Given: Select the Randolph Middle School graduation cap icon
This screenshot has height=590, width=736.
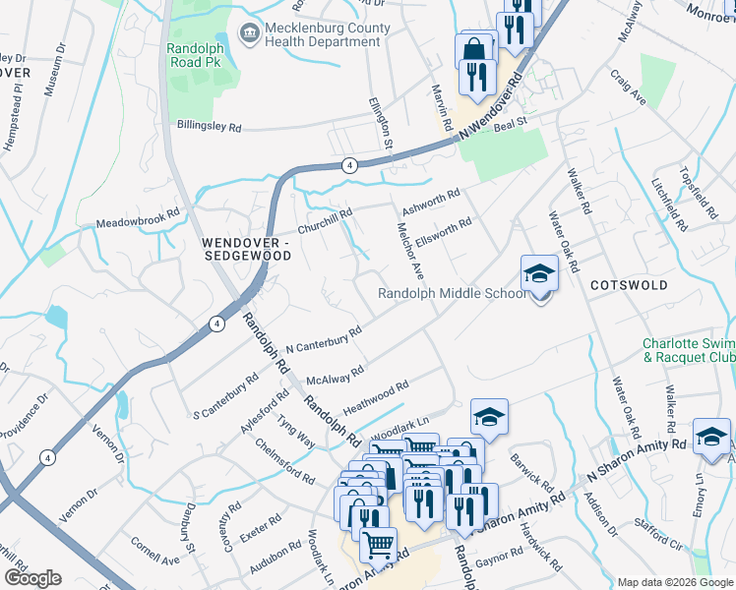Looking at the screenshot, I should (x=539, y=273).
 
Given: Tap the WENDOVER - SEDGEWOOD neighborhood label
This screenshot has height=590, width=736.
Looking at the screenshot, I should (x=247, y=248).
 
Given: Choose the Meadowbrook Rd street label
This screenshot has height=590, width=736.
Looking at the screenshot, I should (x=137, y=219).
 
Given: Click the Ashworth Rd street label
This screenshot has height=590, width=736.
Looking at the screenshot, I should (x=429, y=202).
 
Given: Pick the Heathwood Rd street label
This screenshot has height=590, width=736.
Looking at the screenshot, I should (x=375, y=398).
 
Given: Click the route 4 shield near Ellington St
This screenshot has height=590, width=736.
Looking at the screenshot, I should (x=348, y=164).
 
